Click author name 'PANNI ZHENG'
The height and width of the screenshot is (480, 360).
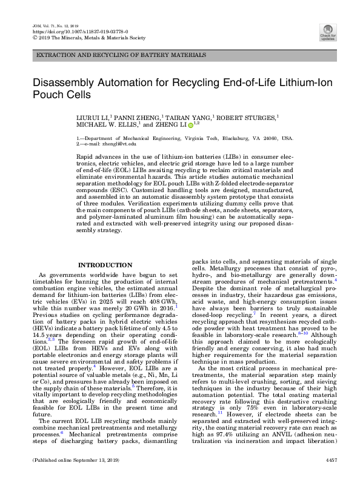click(x=135, y=116)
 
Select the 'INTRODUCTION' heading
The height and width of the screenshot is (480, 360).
click(x=105, y=265)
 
